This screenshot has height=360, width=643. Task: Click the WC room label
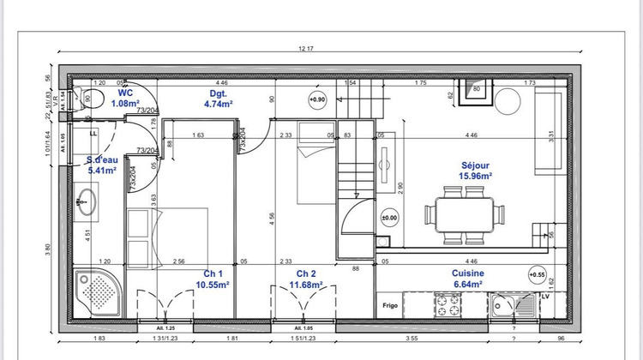click(125, 93)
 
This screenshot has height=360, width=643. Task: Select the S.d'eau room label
click(102, 159)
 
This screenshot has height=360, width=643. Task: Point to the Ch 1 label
click(205, 273)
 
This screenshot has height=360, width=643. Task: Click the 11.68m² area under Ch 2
click(305, 285)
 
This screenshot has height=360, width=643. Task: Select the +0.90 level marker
click(318, 99)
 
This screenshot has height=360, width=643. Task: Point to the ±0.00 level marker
click(390, 218)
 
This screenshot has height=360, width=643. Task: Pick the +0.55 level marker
click(537, 276)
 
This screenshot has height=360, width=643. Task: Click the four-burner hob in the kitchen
click(448, 303)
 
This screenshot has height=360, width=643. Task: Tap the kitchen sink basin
click(502, 304)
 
